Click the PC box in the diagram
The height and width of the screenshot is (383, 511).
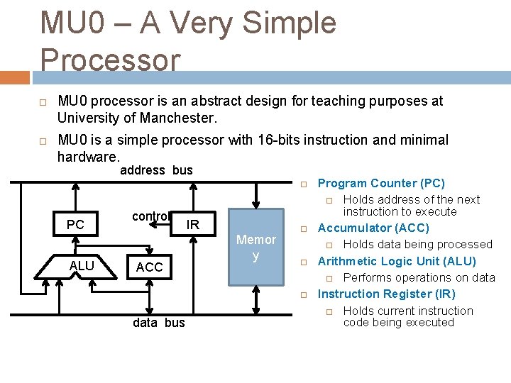click(75, 225)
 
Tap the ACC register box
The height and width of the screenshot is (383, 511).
click(149, 267)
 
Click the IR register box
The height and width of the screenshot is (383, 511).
click(192, 225)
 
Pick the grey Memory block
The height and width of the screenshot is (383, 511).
click(255, 247)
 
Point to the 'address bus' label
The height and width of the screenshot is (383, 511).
click(156, 170)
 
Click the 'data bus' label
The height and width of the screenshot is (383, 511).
click(159, 323)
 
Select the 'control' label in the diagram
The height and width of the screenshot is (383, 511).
click(151, 216)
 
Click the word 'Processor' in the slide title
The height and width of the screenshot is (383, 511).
click(111, 60)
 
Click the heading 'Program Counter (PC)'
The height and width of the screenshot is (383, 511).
click(381, 184)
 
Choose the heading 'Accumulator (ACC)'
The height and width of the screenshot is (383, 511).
click(373, 228)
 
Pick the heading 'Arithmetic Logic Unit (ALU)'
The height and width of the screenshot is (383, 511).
click(397, 261)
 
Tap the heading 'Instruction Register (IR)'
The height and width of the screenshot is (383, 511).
click(386, 294)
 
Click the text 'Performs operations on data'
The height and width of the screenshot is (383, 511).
click(419, 277)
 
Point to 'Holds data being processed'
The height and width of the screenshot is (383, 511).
click(417, 245)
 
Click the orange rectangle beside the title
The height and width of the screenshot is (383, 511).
click(15, 77)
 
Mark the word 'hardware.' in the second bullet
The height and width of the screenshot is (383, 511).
click(89, 155)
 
